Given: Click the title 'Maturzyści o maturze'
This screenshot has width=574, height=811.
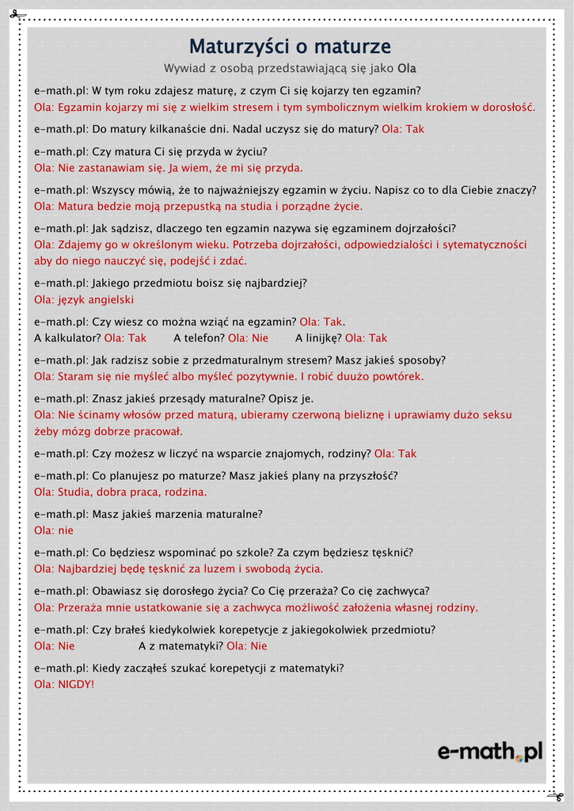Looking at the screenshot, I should (x=290, y=47).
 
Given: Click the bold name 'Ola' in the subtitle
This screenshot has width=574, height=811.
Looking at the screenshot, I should (x=407, y=68).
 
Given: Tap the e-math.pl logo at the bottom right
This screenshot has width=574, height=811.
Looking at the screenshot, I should (x=490, y=751).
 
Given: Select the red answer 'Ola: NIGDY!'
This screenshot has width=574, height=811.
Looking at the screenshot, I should (x=64, y=684).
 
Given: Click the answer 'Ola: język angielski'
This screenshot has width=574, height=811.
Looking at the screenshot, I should (x=84, y=300).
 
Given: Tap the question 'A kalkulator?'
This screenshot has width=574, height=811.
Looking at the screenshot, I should (x=67, y=338).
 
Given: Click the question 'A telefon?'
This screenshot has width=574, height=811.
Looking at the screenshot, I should (x=199, y=338).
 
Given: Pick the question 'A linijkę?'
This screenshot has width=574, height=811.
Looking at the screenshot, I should (x=318, y=338).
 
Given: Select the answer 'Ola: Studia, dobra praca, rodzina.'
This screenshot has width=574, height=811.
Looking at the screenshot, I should (x=120, y=493).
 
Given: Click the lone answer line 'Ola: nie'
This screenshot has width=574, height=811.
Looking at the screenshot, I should (x=54, y=531).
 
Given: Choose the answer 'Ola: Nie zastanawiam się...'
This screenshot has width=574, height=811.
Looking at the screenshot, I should (x=169, y=168).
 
